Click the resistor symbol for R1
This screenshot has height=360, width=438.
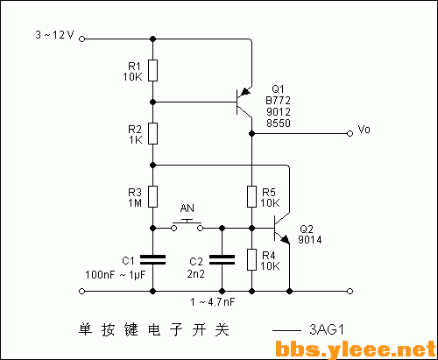[152, 71]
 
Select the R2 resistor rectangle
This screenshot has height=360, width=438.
[152, 133]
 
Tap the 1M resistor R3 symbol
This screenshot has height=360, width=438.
[152, 196]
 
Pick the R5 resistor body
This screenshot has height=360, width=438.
[251, 196]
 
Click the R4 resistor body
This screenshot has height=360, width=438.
[251, 259]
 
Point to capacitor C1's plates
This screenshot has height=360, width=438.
[152, 260]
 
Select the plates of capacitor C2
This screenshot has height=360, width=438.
[222, 260]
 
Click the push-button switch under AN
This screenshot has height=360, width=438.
[187, 225]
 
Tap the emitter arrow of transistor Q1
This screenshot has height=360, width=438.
[245, 91]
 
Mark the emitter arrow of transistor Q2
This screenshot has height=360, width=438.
[285, 239]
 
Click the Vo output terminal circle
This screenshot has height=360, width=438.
[350, 134]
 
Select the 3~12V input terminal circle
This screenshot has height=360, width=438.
[82, 39]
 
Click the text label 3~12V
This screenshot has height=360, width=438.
[54, 35]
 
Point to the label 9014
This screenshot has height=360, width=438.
[310, 240]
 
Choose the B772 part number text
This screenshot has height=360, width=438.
[278, 101]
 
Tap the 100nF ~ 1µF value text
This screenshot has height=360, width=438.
[116, 275]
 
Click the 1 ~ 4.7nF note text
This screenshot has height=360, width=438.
[213, 302]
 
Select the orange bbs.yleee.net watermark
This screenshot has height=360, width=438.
[356, 349]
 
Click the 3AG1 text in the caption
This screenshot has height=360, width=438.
[327, 330]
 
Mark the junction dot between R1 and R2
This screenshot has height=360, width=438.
[152, 102]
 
